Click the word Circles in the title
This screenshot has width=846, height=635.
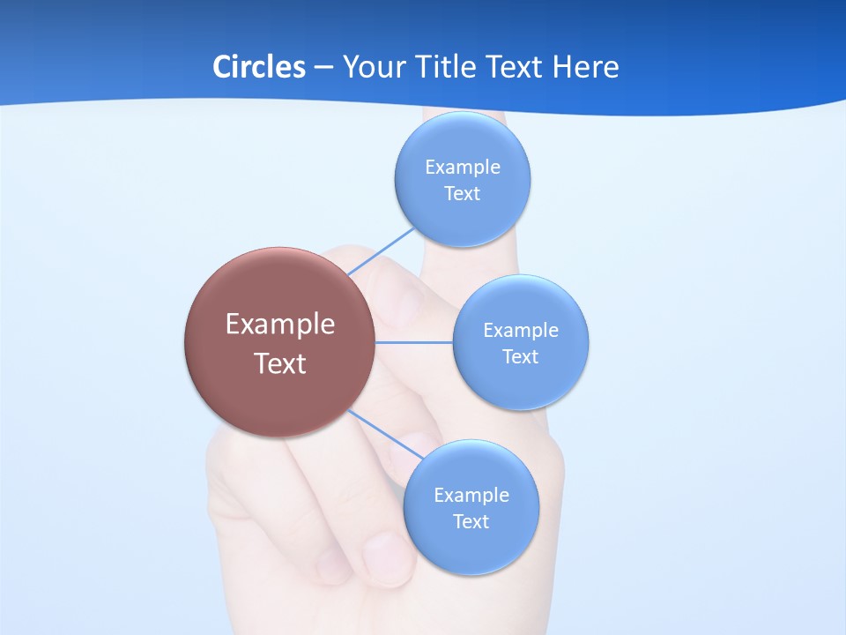point(258,67)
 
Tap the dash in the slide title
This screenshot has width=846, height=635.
point(323,67)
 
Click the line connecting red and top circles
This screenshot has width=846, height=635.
point(381,251)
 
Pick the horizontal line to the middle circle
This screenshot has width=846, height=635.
point(414,342)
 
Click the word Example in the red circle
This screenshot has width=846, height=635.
point(280,325)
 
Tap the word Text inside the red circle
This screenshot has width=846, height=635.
point(280,363)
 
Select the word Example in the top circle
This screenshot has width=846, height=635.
point(463,168)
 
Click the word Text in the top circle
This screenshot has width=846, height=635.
point(463,194)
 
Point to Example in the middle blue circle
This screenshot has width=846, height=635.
point(521,331)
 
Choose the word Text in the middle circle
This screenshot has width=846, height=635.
point(521,357)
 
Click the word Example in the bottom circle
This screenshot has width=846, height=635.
point(471,496)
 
